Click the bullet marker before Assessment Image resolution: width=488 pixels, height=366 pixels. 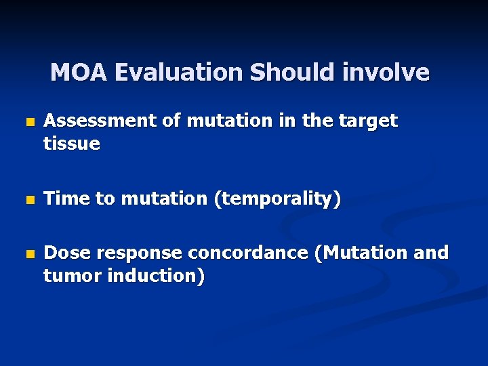28,123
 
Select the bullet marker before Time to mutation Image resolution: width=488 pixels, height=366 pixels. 28,201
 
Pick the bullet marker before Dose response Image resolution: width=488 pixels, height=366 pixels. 28,255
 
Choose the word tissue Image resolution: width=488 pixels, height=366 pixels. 71,144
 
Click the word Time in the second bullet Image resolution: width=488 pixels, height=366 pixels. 64,199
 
